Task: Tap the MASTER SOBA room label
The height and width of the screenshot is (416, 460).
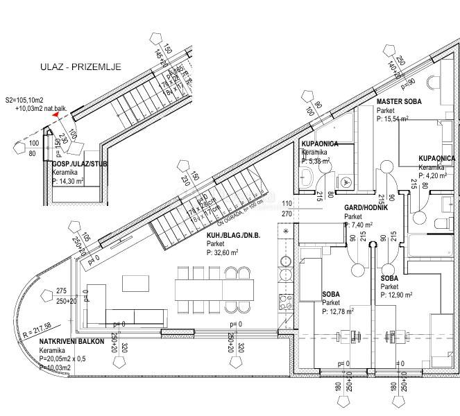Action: click(400, 102)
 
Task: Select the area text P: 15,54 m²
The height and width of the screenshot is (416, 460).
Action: click(402, 119)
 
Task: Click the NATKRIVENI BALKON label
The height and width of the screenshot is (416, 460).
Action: click(72, 342)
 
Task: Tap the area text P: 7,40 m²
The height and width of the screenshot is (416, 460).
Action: click(359, 225)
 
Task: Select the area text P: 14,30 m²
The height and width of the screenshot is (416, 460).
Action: click(68, 181)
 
